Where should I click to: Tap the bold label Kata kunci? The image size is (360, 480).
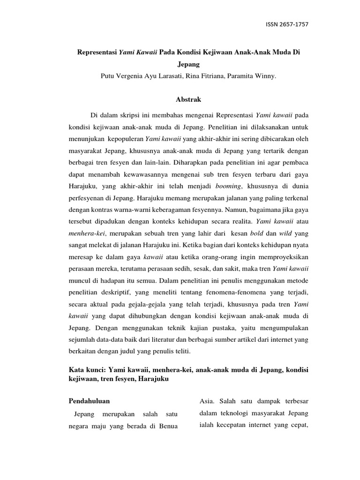click(87, 370)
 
